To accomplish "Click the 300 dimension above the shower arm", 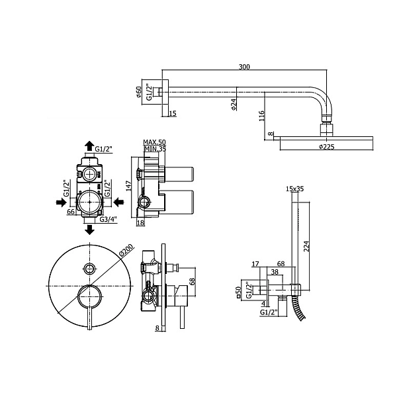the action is [x=244, y=67].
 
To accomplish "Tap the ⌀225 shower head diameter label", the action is [x=327, y=147].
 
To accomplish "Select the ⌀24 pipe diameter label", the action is [x=234, y=104].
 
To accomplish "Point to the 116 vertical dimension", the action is [x=261, y=115].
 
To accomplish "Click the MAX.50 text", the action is [x=154, y=142].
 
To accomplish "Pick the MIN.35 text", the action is [x=155, y=149].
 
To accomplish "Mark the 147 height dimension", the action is [x=128, y=186].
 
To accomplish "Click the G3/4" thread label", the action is [x=108, y=219].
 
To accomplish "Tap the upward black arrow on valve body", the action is [x=89, y=146].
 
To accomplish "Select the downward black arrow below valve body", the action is [x=89, y=230].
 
